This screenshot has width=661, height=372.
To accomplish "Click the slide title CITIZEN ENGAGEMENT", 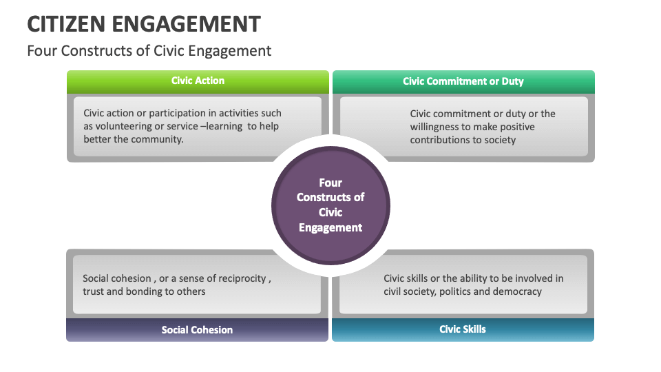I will (x=143, y=23).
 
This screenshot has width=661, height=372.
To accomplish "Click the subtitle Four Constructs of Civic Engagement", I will (x=149, y=51).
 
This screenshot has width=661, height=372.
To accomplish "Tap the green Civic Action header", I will (x=198, y=81).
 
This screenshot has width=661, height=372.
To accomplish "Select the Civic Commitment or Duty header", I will (x=463, y=81).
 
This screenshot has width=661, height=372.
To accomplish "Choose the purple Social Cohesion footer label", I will (x=197, y=330).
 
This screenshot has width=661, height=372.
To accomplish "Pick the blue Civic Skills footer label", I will (x=463, y=329).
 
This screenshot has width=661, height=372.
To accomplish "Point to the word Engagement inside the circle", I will (x=330, y=227).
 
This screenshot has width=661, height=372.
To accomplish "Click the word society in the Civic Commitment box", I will (x=500, y=140).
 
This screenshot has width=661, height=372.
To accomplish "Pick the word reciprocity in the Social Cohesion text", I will (x=242, y=278).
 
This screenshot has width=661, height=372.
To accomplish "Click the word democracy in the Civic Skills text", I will (x=519, y=291).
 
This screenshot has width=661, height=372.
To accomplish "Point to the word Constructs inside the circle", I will (x=330, y=197).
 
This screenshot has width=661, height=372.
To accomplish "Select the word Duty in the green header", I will (x=512, y=81).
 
